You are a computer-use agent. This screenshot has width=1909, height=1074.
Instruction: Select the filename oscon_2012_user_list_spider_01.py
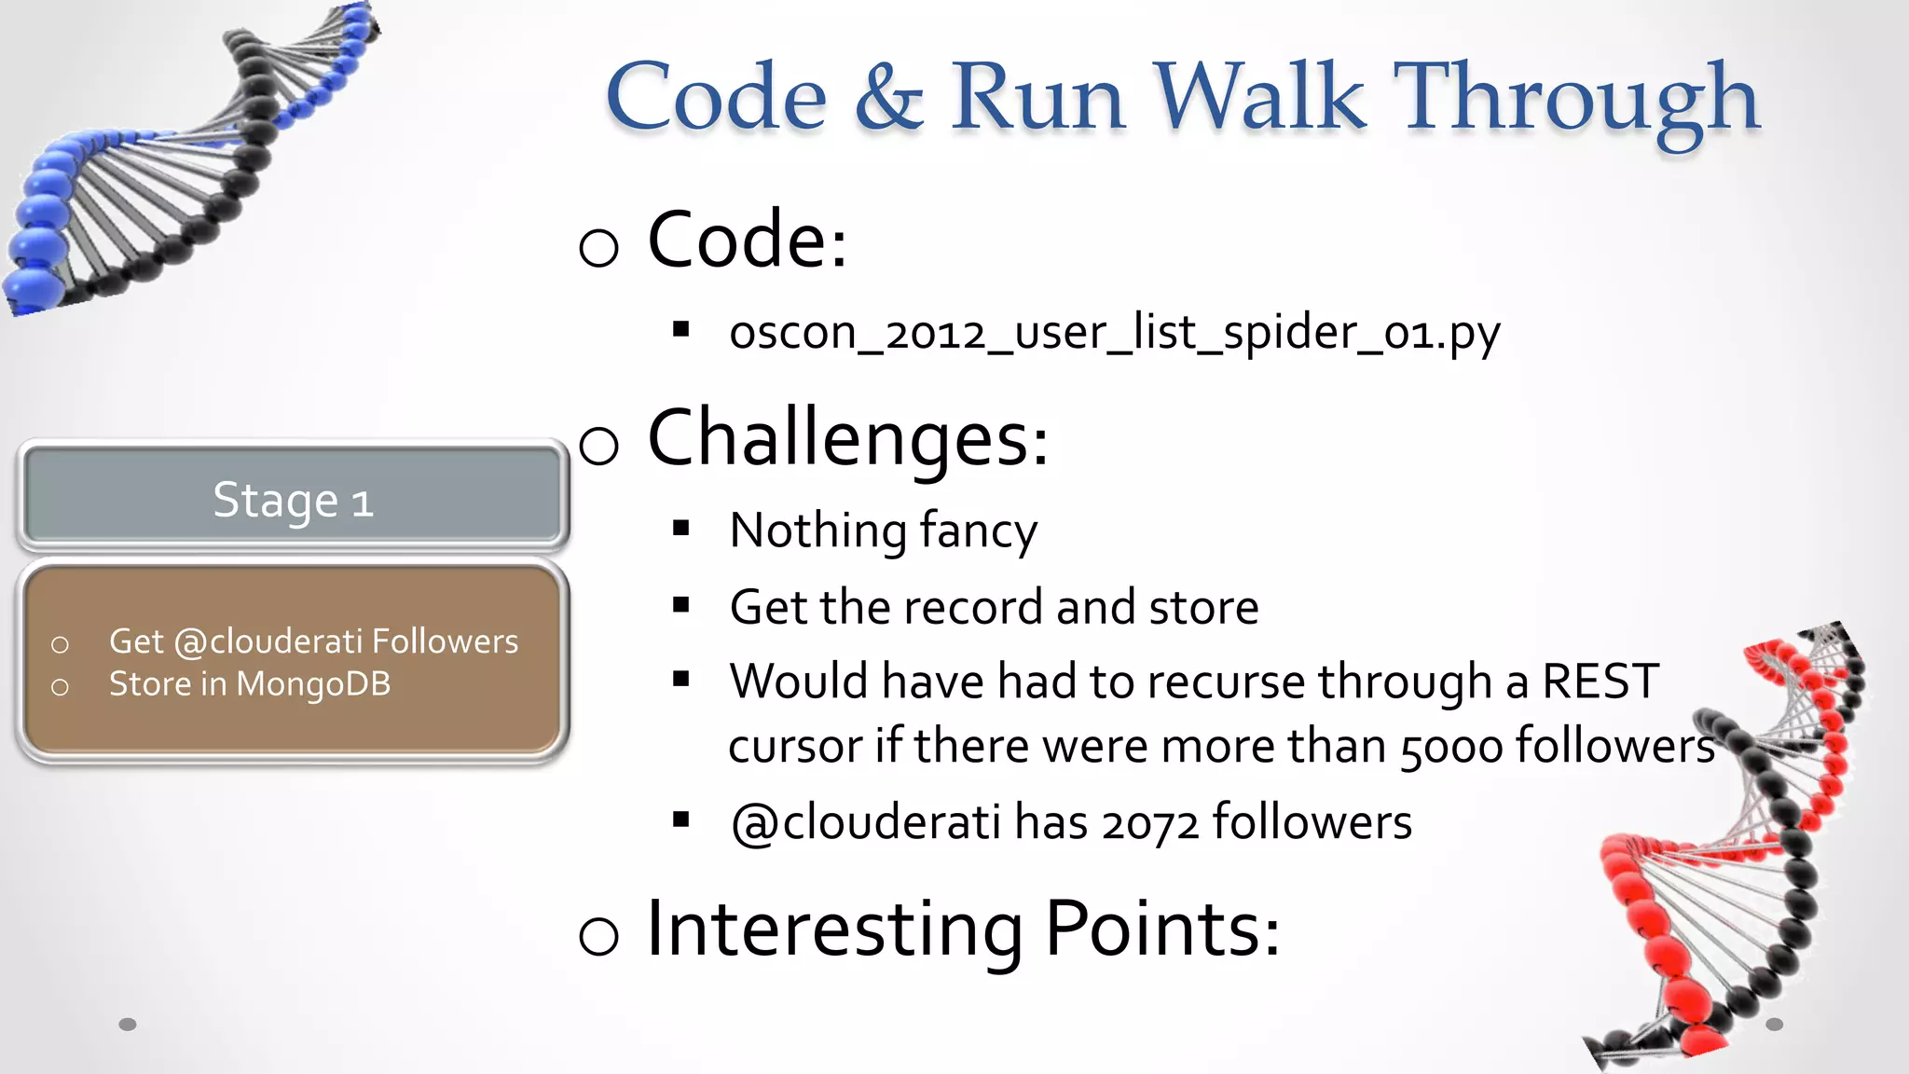point(1114,333)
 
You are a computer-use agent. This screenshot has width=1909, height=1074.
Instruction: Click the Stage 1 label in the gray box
point(293,501)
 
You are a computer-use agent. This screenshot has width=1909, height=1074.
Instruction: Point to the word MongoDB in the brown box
point(313,684)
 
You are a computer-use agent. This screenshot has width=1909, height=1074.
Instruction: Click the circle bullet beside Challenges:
point(598,446)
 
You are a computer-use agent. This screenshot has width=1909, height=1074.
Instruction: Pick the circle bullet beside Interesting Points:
point(598,936)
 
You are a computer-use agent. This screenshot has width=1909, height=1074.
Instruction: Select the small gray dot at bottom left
point(128,1025)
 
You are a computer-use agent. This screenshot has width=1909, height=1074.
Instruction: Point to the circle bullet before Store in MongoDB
point(60,688)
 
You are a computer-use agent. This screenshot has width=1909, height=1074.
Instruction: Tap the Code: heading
point(746,241)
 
